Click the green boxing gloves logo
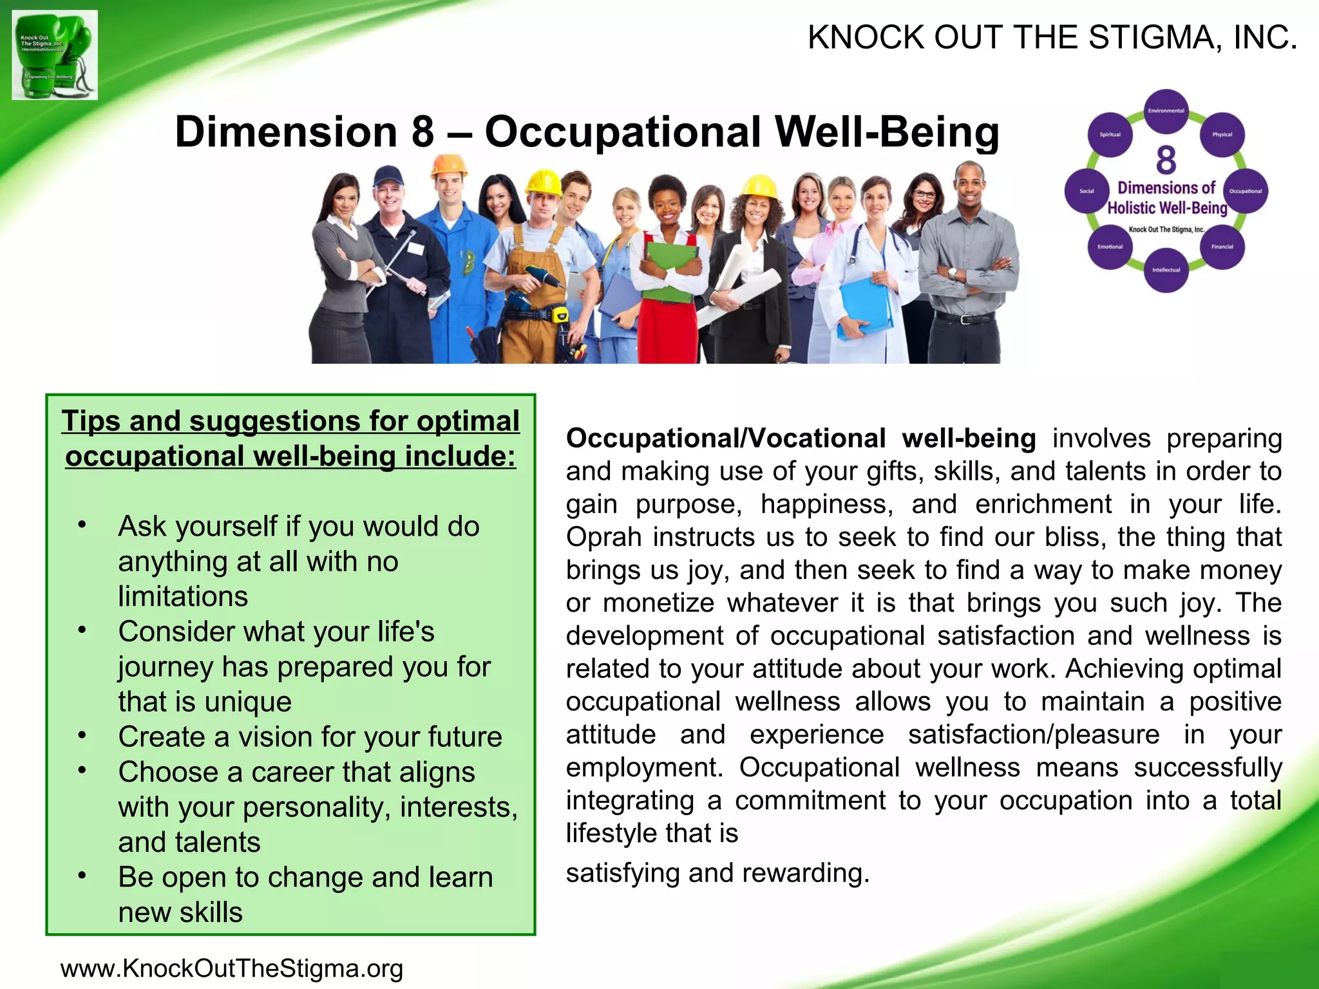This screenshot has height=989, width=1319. tap(55, 55)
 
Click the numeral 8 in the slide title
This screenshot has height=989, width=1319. tap(422, 132)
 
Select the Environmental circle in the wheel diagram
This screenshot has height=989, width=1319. tap(1166, 111)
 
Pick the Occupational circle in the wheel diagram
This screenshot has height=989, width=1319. tap(1246, 191)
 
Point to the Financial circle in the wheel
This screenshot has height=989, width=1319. tap(1222, 247)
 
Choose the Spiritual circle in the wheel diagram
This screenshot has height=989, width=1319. tap(1110, 135)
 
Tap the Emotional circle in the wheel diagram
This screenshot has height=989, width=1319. tap(1110, 247)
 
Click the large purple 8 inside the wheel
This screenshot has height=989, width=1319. tap(1166, 160)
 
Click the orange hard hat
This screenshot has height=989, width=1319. tap(449, 164)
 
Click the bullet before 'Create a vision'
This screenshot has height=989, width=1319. tap(82, 735)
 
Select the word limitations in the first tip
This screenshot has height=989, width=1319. tap(183, 596)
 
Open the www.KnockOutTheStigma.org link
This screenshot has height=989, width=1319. tap(232, 968)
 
